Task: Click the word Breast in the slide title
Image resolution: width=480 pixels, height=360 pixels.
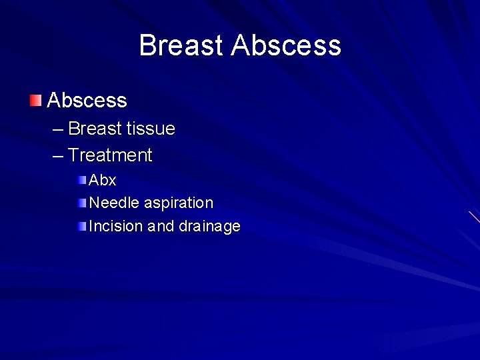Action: [x=181, y=46]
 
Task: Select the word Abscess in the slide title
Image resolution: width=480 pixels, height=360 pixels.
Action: [x=286, y=46]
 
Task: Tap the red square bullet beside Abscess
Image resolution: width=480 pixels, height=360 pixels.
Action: [x=35, y=101]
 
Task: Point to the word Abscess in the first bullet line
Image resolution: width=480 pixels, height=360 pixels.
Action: [x=87, y=101]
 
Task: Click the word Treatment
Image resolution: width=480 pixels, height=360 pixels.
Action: [x=110, y=155]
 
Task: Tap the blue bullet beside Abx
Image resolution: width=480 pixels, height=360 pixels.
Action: [x=81, y=180]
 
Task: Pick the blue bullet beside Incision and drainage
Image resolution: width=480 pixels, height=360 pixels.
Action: [x=81, y=226]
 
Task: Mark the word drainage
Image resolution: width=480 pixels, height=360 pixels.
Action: [x=209, y=227]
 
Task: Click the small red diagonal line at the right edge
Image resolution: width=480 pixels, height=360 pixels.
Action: [x=474, y=217]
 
